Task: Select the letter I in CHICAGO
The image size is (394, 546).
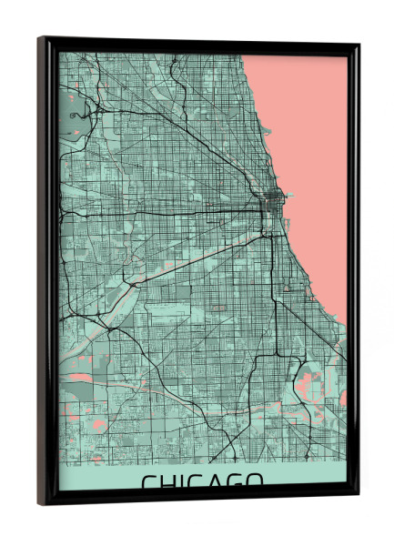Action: click(x=185, y=481)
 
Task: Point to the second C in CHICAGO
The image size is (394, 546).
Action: click(x=198, y=481)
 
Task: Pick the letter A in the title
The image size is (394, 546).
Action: click(x=217, y=481)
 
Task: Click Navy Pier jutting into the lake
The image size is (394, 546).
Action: click(x=281, y=195)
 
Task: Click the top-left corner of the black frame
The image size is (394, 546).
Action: click(x=41, y=38)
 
